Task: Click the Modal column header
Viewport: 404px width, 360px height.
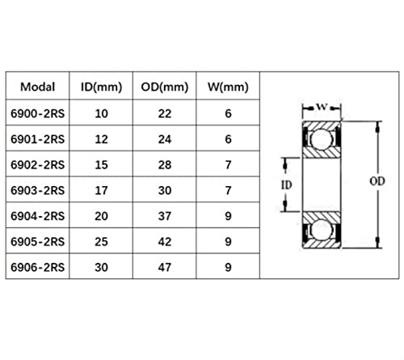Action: tap(38, 87)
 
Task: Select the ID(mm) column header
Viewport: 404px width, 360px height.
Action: tap(101, 87)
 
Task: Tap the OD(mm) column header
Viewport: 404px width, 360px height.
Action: tap(165, 87)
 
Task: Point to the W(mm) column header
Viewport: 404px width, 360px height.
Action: tap(228, 87)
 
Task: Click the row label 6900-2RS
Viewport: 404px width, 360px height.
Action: tap(38, 113)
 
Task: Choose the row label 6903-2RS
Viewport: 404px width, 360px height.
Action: tap(38, 190)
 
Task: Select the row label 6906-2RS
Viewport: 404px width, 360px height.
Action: tap(38, 267)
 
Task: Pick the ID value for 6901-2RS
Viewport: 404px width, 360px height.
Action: tap(101, 139)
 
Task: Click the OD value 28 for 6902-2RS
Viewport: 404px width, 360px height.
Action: tap(165, 165)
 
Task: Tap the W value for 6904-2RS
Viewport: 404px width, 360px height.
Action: tap(228, 216)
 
